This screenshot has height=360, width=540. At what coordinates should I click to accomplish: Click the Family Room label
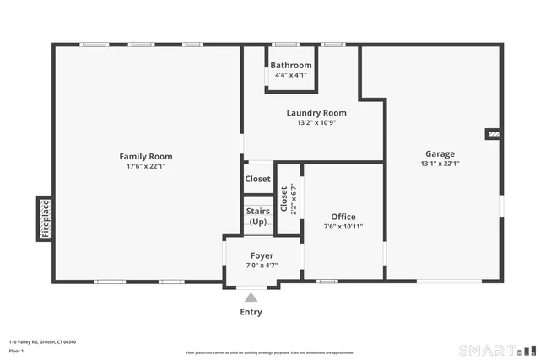click(x=145, y=156)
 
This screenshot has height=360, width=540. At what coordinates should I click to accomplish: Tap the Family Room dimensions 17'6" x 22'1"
click(x=145, y=166)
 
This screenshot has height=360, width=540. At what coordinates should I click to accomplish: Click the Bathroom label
click(x=291, y=65)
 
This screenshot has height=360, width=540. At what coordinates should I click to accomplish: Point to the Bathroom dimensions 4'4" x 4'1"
click(x=291, y=75)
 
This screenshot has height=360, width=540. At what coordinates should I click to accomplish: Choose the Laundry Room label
click(x=316, y=113)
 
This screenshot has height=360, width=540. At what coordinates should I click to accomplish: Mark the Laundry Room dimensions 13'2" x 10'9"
click(x=316, y=122)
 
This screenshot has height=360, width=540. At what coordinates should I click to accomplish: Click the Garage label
click(x=440, y=153)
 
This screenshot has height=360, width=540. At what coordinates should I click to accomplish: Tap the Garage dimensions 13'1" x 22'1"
click(x=440, y=164)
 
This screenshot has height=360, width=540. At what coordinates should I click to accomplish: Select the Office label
click(x=343, y=217)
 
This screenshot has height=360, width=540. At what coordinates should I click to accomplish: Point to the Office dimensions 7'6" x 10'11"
click(x=343, y=227)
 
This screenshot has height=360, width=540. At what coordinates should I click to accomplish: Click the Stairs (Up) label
click(x=258, y=217)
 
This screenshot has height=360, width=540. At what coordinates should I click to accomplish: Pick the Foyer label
click(x=262, y=255)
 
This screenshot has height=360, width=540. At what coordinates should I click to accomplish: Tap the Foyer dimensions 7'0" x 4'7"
click(x=262, y=266)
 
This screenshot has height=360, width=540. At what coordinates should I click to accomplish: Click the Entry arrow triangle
click(x=251, y=297)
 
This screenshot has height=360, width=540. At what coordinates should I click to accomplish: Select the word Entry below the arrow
click(x=251, y=312)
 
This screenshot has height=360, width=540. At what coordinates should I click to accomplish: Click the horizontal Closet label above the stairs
click(x=258, y=179)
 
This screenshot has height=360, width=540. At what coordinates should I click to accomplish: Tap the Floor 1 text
click(x=17, y=351)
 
